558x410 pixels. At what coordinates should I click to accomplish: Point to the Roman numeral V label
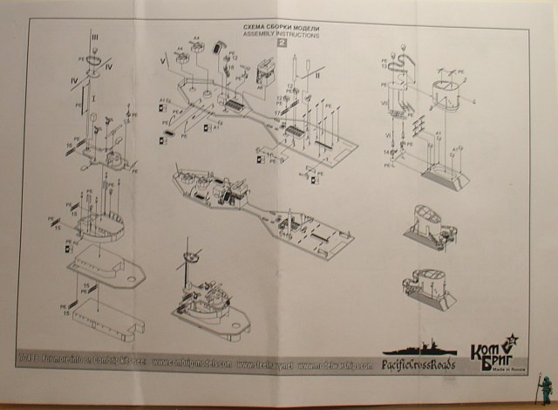(x=161, y=63)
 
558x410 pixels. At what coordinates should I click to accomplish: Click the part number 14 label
(x=386, y=153)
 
